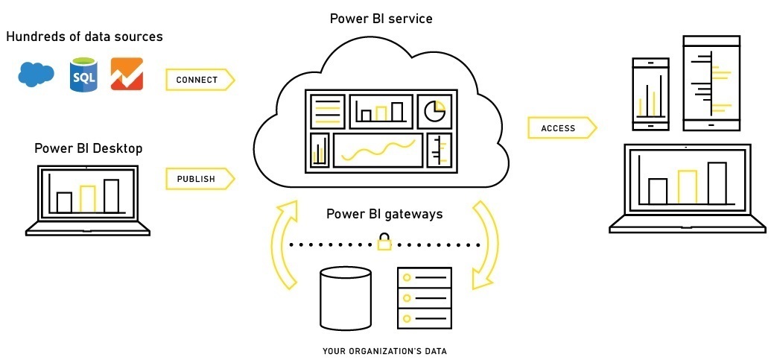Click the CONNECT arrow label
[x=197, y=80]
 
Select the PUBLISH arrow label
[x=197, y=179]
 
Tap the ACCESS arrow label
[x=559, y=128]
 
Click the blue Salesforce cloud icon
[x=37, y=75]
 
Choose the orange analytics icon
[x=127, y=75]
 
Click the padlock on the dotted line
[x=384, y=242]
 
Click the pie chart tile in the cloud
[x=434, y=112]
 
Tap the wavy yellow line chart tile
[x=378, y=150]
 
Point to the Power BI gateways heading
[x=384, y=215]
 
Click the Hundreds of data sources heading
[x=84, y=37]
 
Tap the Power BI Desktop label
[x=88, y=148]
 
